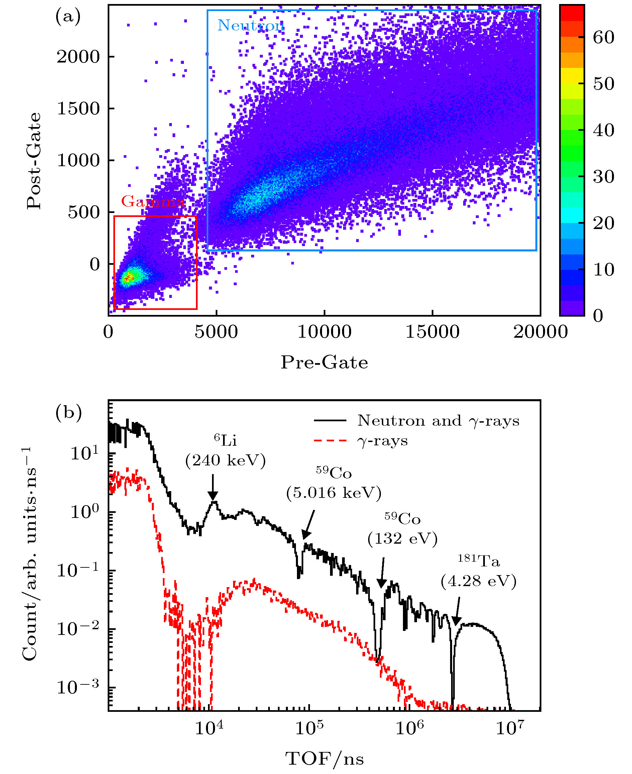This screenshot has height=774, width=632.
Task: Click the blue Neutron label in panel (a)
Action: click(251, 25)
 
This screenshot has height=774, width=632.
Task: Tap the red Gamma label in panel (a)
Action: click(153, 201)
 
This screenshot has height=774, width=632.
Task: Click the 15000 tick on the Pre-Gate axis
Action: click(432, 332)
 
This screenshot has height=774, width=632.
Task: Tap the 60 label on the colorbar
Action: click(603, 37)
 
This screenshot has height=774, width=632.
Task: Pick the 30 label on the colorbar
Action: click(603, 177)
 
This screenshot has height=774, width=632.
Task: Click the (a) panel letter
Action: click(68, 16)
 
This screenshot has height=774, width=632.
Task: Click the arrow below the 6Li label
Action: click(213, 488)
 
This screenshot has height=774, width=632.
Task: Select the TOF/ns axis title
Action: click(324, 759)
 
